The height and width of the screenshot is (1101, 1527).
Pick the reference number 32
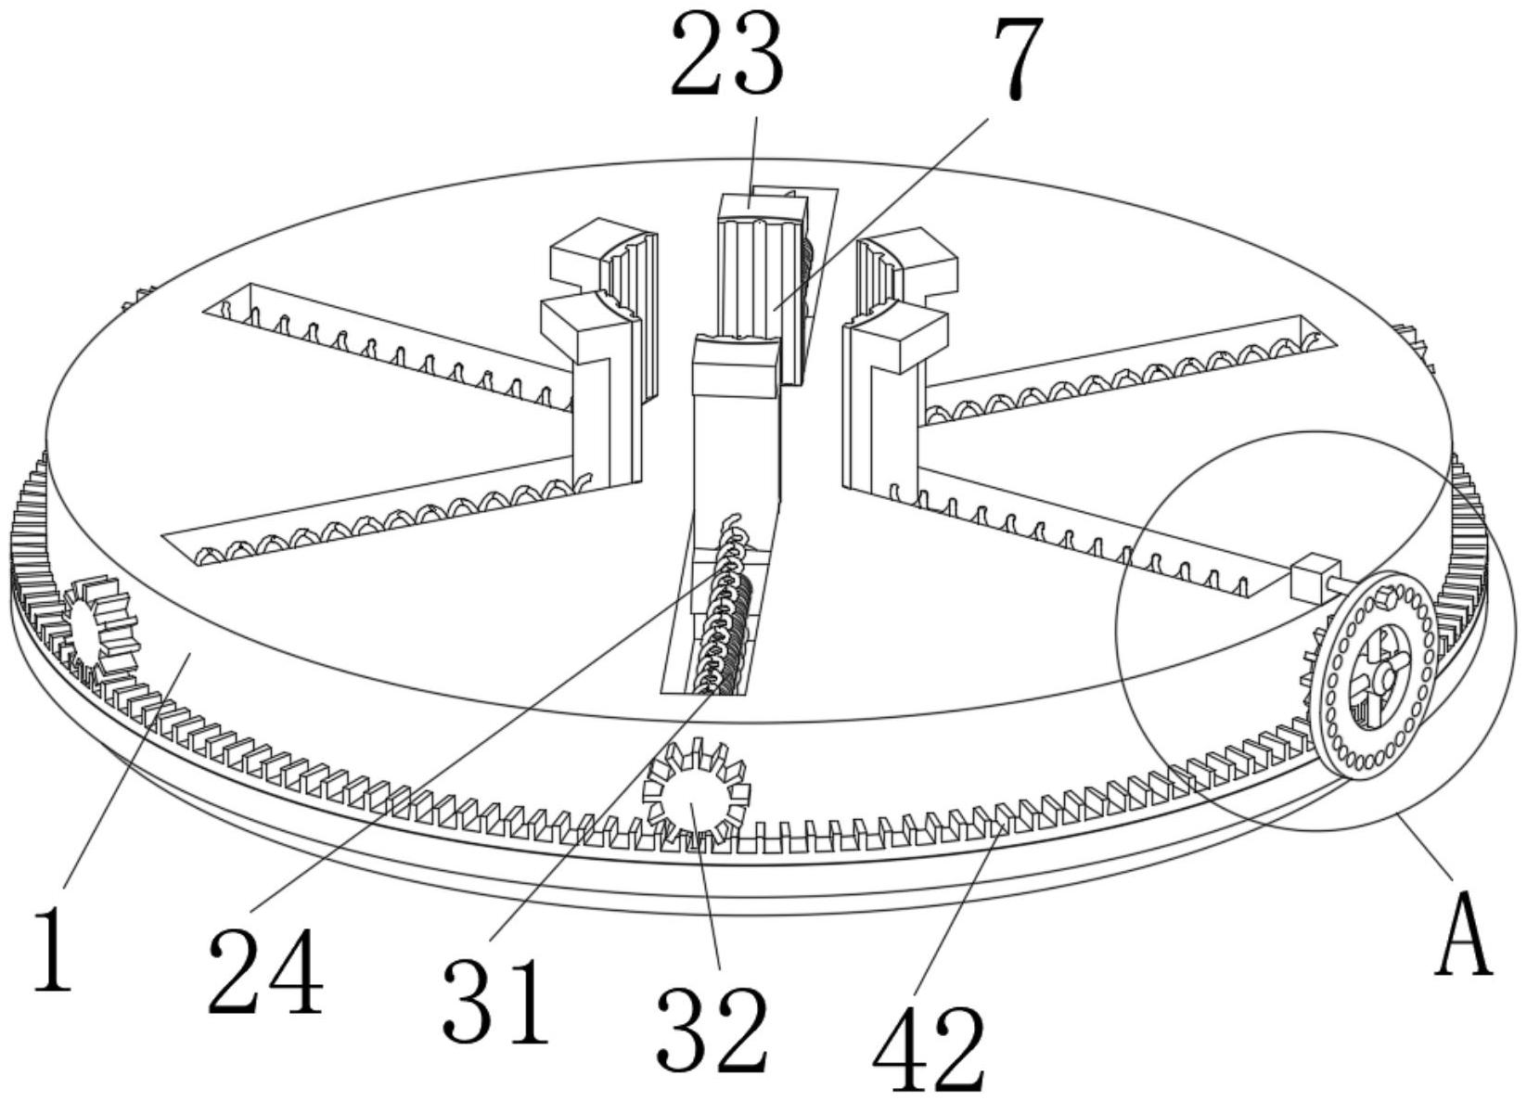point(712,1030)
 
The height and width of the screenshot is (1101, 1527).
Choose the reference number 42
point(929,1048)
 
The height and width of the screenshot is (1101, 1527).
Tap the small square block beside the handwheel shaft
point(1315,579)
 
